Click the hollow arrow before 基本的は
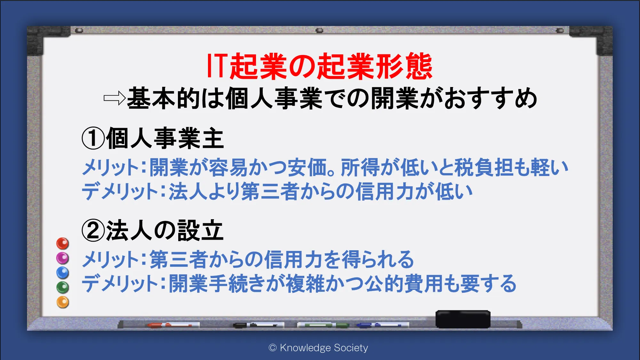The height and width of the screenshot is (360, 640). pyautogui.click(x=114, y=98)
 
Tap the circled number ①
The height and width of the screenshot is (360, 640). pyautogui.click(x=93, y=138)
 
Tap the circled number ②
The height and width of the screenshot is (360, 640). pyautogui.click(x=93, y=230)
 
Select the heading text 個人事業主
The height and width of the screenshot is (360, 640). pyautogui.click(x=165, y=138)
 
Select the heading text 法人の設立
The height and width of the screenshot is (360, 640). pyautogui.click(x=165, y=230)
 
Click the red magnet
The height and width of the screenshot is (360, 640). pyautogui.click(x=63, y=244)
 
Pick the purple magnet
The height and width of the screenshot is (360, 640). pyautogui.click(x=63, y=258)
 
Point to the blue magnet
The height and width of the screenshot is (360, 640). pyautogui.click(x=63, y=273)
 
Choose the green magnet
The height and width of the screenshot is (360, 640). pyautogui.click(x=63, y=287)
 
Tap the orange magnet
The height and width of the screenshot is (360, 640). pyautogui.click(x=63, y=302)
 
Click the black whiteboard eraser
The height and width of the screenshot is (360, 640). pyautogui.click(x=463, y=319)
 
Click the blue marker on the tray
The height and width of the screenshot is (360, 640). pyautogui.click(x=383, y=325)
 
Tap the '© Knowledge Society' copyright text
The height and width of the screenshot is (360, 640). pyautogui.click(x=318, y=348)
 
